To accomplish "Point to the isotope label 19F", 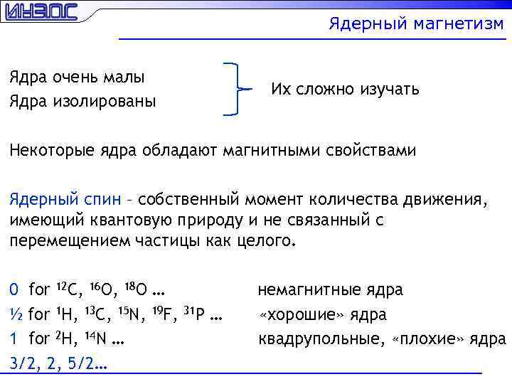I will tap(164, 314).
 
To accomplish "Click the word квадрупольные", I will tap(320, 338).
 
